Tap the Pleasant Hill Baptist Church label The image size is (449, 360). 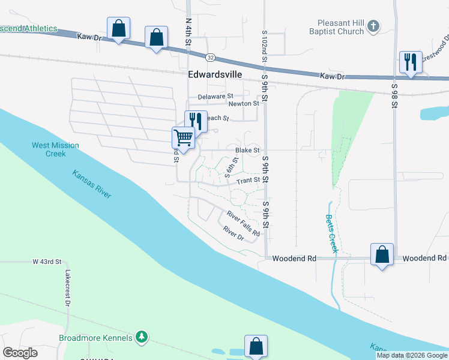[337, 27]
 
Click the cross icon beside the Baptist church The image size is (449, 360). [373, 26]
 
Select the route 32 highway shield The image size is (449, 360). [209, 57]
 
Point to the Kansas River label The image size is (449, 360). [91, 184]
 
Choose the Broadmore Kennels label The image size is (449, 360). [95, 338]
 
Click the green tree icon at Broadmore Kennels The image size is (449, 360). [142, 337]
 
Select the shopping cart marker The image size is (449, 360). [184, 137]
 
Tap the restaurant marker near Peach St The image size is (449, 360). [196, 120]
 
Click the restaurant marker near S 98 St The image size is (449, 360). [411, 62]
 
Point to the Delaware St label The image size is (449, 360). [215, 96]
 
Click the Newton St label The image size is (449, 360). [243, 103]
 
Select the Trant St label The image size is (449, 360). [247, 180]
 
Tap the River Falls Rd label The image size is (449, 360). [243, 223]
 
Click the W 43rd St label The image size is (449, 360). [47, 262]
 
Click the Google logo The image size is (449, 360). [20, 353]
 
